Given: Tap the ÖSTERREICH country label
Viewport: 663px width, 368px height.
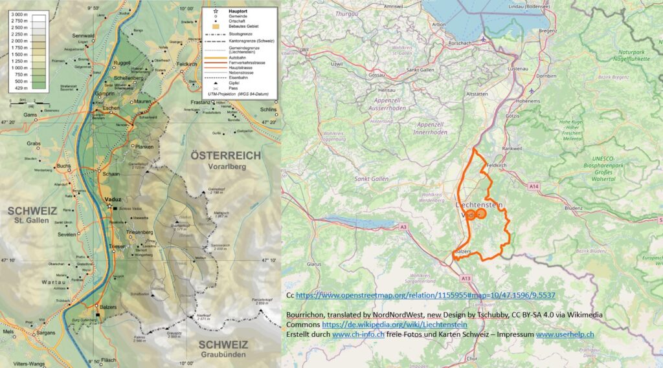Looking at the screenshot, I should (x=225, y=156).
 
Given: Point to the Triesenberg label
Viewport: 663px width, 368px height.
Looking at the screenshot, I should (x=140, y=231).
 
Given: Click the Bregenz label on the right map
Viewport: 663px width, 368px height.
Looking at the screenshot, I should (x=530, y=30).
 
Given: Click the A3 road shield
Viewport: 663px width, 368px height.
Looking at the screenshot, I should (x=403, y=227).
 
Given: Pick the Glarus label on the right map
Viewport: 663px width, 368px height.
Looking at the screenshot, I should (x=315, y=264).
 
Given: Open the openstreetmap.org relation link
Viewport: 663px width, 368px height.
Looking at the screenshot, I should (x=425, y=296).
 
